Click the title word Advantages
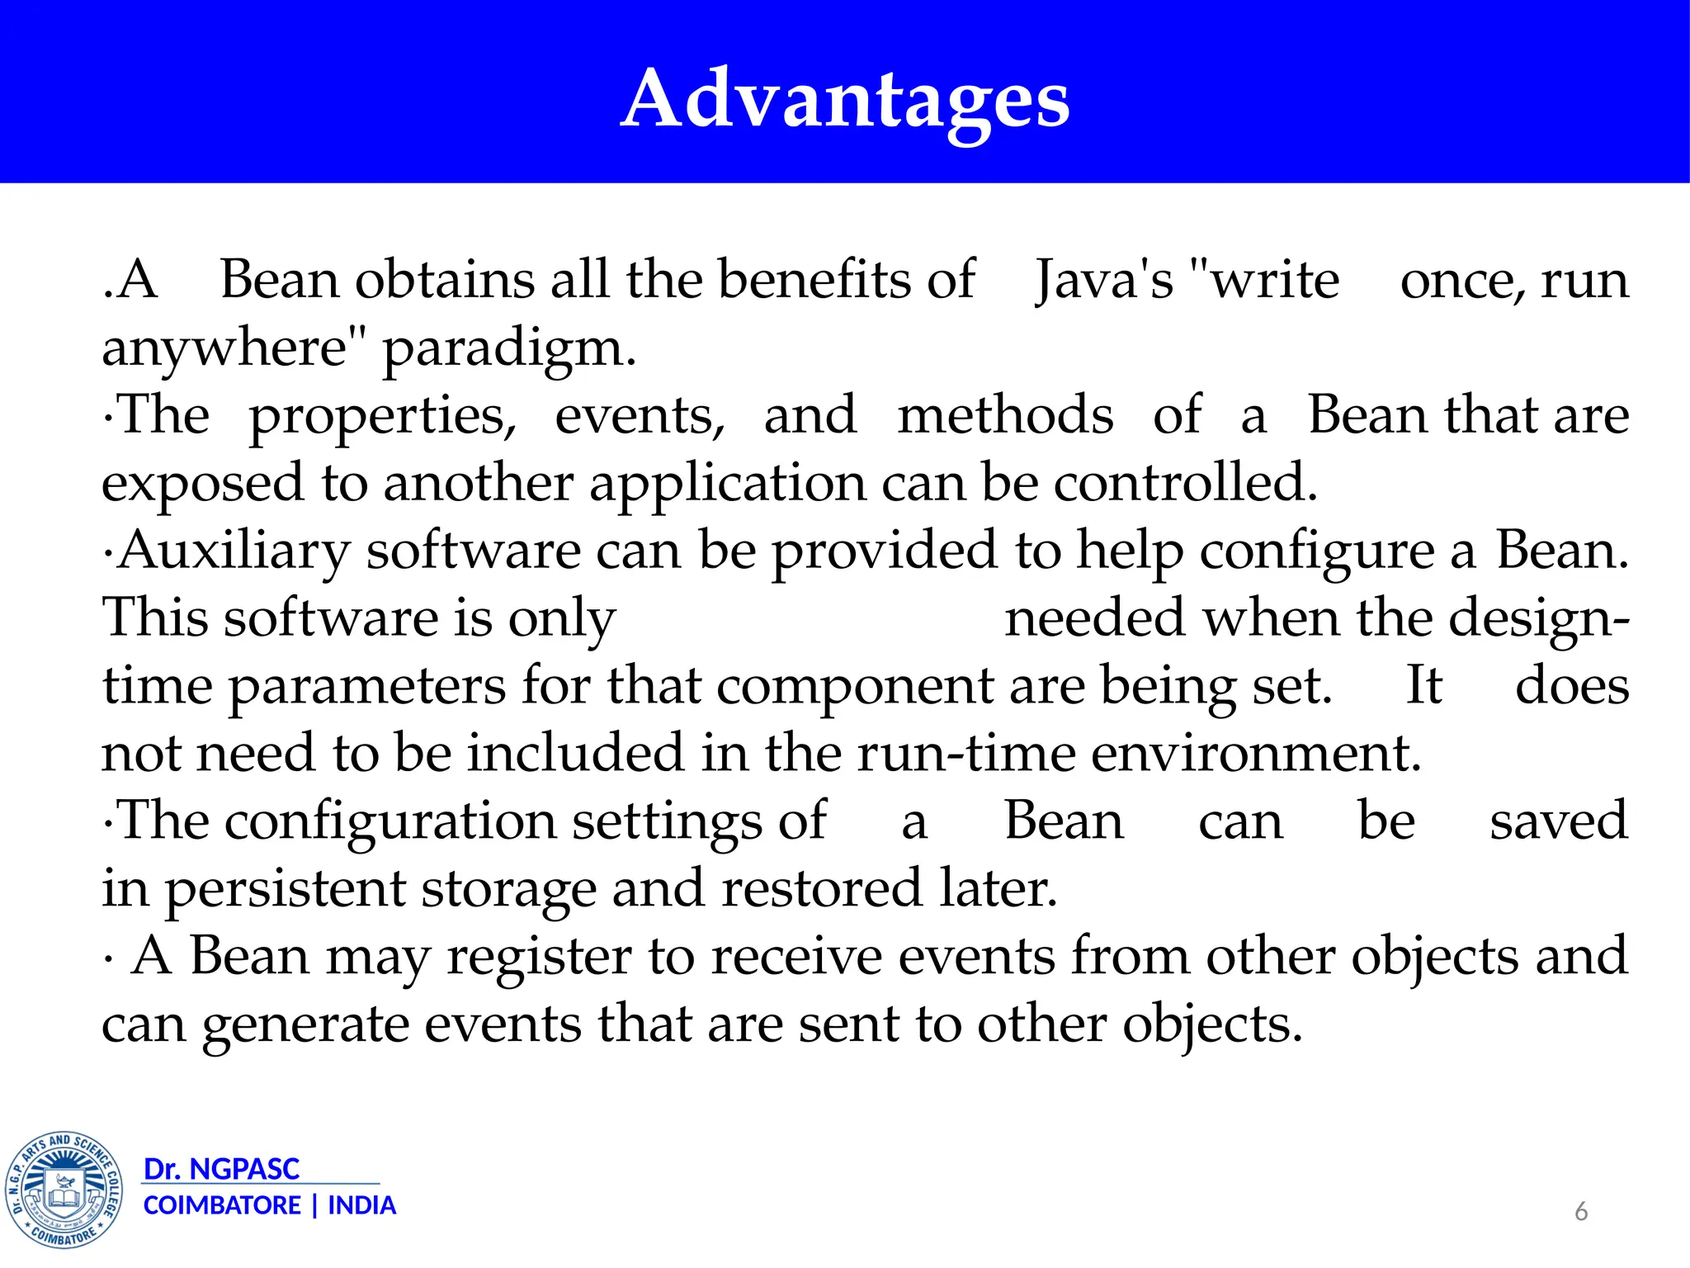(845, 99)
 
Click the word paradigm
(509, 348)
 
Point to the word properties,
(383, 416)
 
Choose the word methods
(1005, 414)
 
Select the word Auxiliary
(234, 551)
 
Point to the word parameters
(367, 687)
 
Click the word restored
(821, 888)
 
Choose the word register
(540, 958)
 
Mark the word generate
(305, 1025)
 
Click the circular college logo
(64, 1190)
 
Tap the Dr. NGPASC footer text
(221, 1169)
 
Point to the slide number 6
(1581, 1211)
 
